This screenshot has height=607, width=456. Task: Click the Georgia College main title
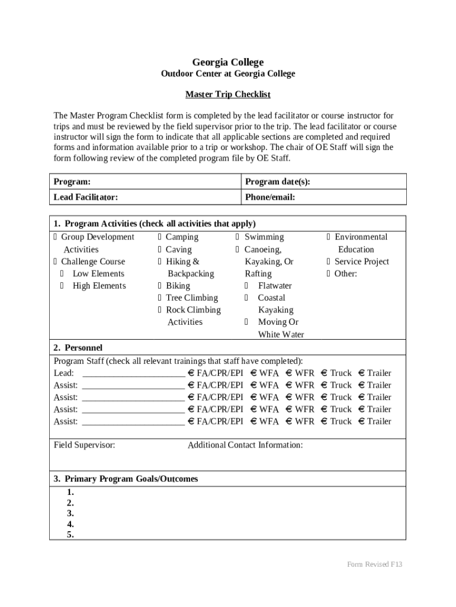click(228, 62)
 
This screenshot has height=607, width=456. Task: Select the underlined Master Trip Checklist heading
click(228, 94)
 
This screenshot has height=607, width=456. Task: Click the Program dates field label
click(277, 182)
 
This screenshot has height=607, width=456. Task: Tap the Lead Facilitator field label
click(86, 197)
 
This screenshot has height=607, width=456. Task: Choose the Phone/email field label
click(270, 197)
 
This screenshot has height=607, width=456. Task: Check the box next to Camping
click(160, 237)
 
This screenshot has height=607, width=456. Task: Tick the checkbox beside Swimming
click(239, 237)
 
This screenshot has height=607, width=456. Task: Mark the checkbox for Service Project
click(329, 261)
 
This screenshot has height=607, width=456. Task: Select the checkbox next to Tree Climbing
click(160, 298)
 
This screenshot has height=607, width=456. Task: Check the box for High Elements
click(62, 286)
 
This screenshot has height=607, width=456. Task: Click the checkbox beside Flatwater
click(246, 286)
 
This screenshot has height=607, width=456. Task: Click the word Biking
click(178, 286)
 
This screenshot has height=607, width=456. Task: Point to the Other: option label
click(346, 274)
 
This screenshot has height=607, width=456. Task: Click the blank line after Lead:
click(133, 373)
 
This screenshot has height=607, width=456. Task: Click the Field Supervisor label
click(85, 445)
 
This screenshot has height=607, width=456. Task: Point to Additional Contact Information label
click(245, 445)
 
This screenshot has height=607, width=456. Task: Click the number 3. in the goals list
click(70, 513)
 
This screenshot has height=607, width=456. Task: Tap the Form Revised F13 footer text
click(374, 564)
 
